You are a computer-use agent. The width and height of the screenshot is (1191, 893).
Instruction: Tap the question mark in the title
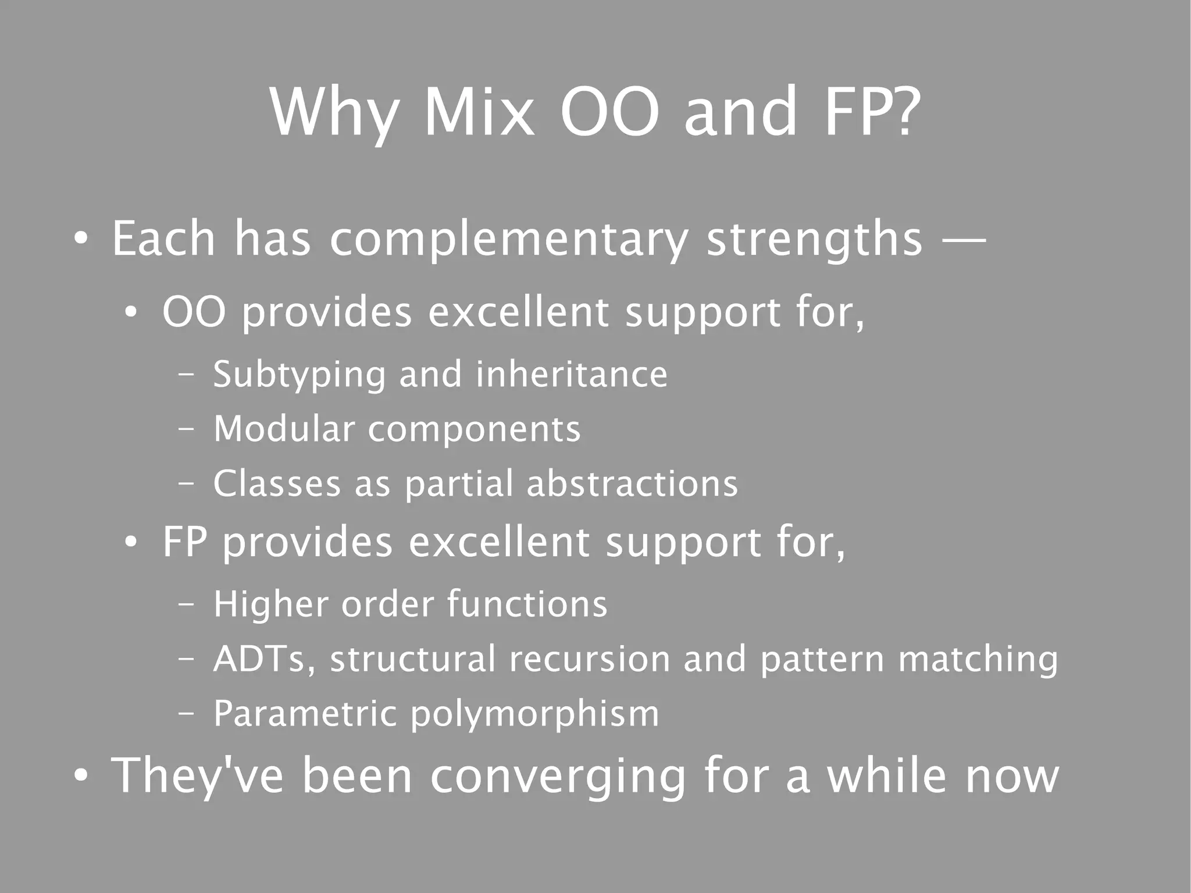pyautogui.click(x=904, y=112)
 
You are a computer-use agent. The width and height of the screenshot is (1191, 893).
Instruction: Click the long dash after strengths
pyautogui.click(x=964, y=239)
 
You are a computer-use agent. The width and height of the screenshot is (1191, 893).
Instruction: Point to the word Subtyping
pyautogui.click(x=299, y=375)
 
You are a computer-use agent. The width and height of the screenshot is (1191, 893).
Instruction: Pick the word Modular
pyautogui.click(x=284, y=429)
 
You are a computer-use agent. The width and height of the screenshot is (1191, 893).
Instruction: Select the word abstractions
pyautogui.click(x=632, y=484)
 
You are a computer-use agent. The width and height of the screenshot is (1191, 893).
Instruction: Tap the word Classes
pyautogui.click(x=277, y=484)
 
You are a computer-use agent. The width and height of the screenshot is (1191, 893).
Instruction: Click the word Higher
pyautogui.click(x=270, y=604)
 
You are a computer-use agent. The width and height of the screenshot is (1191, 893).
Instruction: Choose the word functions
pyautogui.click(x=527, y=604)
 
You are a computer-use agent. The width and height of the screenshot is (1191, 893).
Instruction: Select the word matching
pyautogui.click(x=978, y=659)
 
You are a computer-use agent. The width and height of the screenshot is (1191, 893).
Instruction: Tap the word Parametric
pyautogui.click(x=305, y=714)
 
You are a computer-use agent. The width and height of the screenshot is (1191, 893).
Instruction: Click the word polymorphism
pyautogui.click(x=535, y=715)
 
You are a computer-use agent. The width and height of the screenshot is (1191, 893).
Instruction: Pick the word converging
pyautogui.click(x=558, y=777)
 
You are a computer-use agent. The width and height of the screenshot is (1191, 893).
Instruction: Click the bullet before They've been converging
pyautogui.click(x=81, y=777)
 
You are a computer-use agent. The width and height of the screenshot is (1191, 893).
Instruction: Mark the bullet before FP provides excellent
pyautogui.click(x=131, y=542)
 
